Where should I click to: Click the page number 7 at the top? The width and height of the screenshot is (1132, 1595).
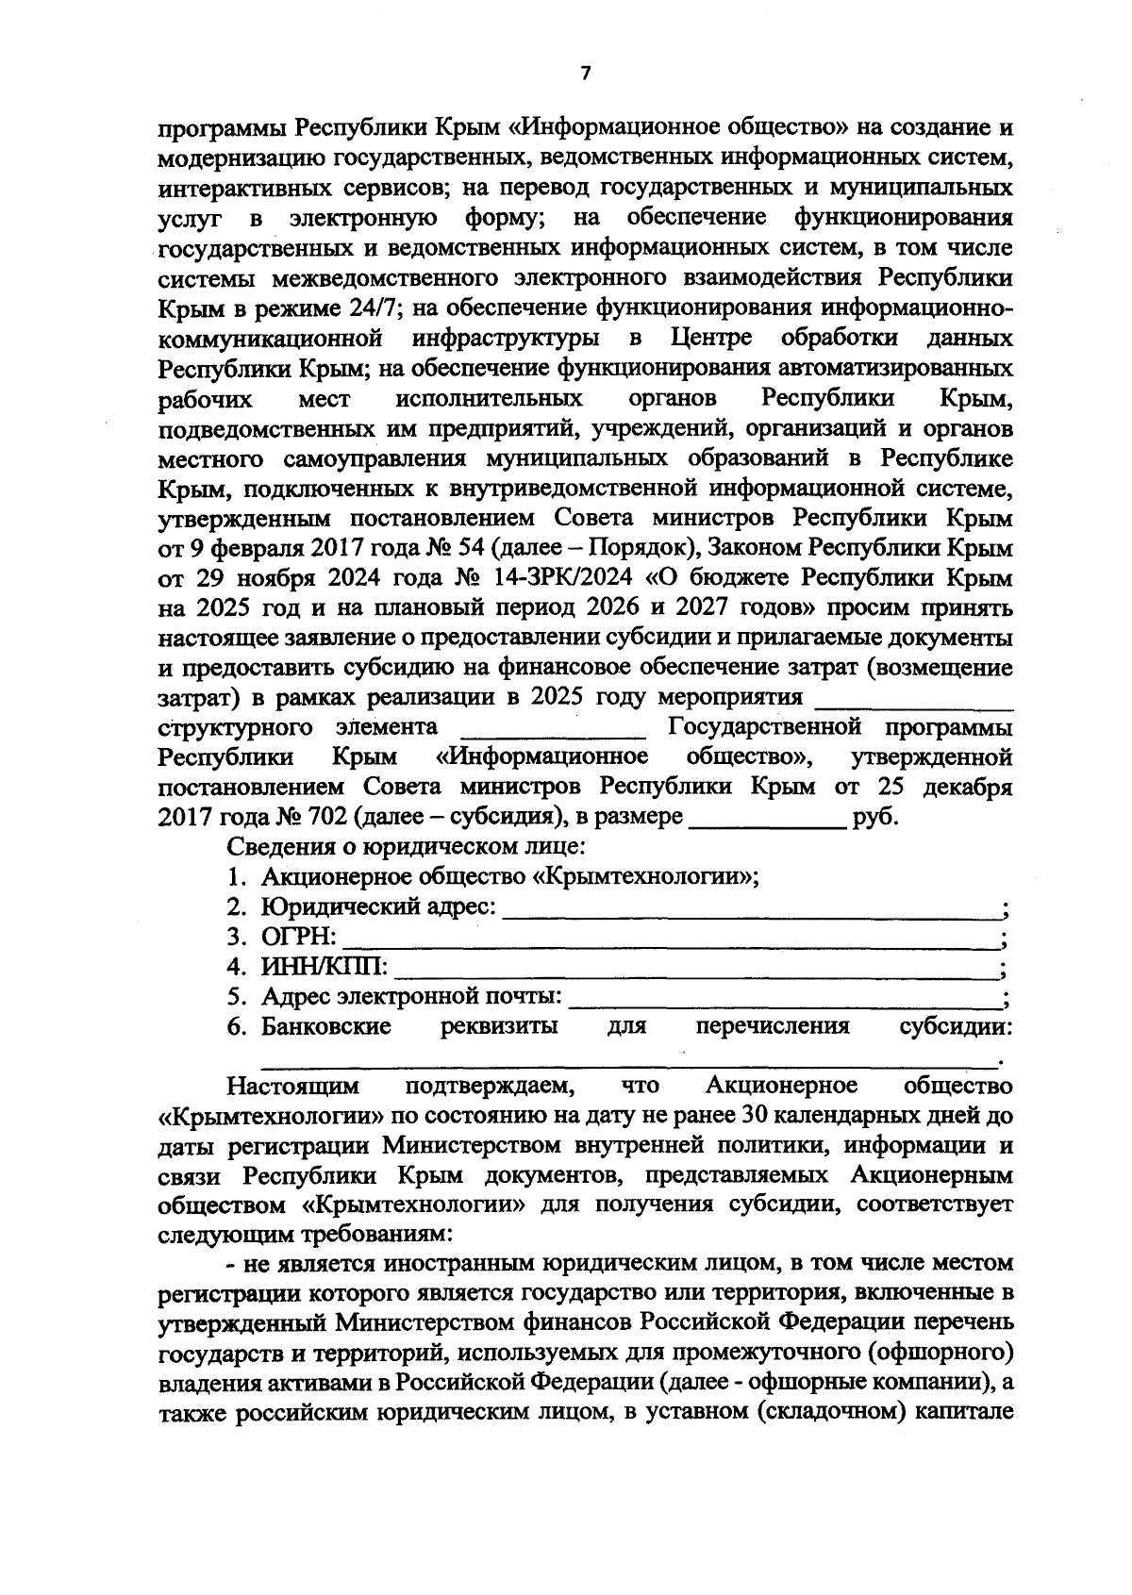[x=585, y=74]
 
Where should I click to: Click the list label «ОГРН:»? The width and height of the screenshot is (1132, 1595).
[x=298, y=938]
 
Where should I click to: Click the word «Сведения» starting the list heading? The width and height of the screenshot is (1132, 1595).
[x=284, y=846]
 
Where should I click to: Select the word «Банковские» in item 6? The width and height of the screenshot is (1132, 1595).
[x=326, y=1026]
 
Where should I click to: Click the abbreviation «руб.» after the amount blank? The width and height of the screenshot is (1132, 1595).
[x=875, y=817]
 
